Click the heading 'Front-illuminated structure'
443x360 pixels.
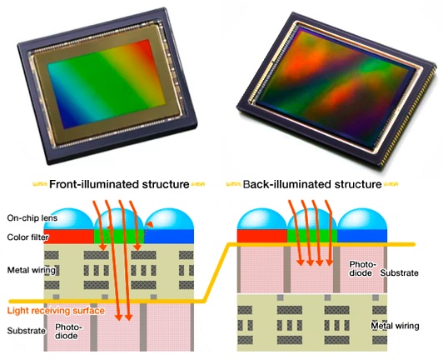(x=119, y=184)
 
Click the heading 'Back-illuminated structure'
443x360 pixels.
(x=312, y=184)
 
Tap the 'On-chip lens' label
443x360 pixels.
(x=32, y=217)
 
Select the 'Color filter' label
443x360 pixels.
(x=27, y=237)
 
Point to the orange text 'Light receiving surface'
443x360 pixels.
(x=56, y=311)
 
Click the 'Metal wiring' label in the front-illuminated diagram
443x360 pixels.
(x=31, y=270)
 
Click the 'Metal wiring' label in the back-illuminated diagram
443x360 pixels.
(x=395, y=326)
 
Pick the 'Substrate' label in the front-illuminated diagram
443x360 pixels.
(x=27, y=331)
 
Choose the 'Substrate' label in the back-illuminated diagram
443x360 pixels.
(x=399, y=272)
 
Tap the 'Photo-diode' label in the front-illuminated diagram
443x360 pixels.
(x=68, y=331)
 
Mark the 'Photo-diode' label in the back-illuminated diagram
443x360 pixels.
(x=363, y=268)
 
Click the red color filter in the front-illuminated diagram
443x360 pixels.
(x=69, y=237)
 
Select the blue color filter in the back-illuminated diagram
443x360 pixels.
(x=362, y=236)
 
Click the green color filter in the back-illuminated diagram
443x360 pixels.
(x=312, y=236)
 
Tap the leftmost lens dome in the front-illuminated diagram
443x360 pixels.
(x=69, y=219)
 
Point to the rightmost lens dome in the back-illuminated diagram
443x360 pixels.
(x=362, y=219)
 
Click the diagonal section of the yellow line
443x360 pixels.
(x=216, y=272)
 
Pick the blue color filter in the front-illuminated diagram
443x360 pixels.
(x=169, y=237)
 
